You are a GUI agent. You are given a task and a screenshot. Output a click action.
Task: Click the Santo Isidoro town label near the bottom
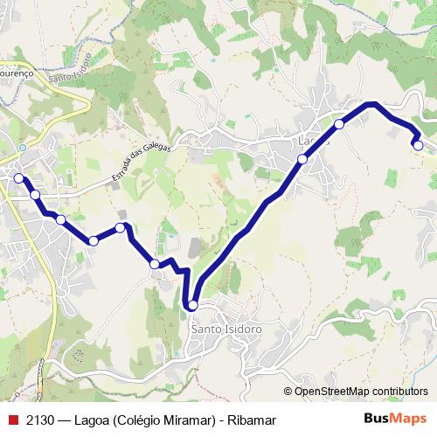225,329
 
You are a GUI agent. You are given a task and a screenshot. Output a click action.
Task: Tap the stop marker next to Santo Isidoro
192,305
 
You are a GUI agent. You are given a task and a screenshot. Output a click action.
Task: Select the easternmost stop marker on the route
419,145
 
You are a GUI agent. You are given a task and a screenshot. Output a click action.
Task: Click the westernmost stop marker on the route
17,177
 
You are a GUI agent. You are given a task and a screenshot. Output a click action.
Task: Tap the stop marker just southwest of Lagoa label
302,159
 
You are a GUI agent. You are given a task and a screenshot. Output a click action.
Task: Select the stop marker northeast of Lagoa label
339,124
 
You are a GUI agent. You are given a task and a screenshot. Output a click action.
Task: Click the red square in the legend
12,420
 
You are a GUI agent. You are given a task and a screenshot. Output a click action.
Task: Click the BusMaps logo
395,420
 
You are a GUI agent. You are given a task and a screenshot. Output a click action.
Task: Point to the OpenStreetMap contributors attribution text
361,391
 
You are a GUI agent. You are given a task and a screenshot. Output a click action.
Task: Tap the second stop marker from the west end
35,195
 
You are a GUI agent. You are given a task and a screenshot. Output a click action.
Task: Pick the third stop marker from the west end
60,219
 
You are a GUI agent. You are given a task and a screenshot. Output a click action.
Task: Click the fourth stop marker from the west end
93,240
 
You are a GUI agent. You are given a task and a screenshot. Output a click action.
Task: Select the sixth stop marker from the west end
155,263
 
